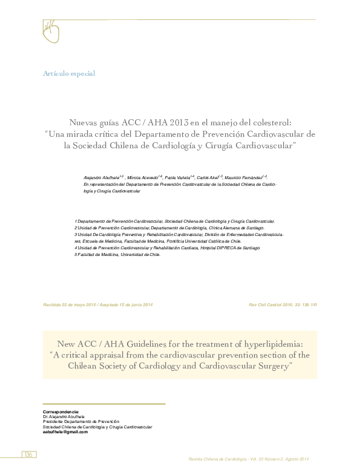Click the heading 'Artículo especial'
coord(69,73)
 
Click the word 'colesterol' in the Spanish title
coord(269,121)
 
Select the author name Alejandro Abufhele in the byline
coord(102,175)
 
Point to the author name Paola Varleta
coord(178,175)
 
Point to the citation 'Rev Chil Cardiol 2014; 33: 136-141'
coord(283,304)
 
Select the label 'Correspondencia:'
coord(61,411)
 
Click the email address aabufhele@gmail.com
coord(65,432)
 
